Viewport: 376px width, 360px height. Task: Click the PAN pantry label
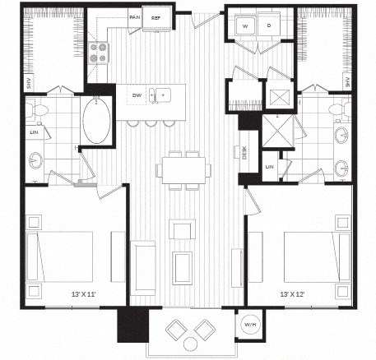tap(133, 16)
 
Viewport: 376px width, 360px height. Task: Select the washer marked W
tap(244, 26)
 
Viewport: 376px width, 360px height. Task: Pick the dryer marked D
tap(269, 26)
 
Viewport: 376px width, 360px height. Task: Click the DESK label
tap(244, 153)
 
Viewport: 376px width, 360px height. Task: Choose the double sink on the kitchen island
tap(162, 95)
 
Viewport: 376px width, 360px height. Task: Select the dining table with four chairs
tap(181, 169)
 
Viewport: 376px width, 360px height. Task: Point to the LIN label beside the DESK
tap(269, 168)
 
